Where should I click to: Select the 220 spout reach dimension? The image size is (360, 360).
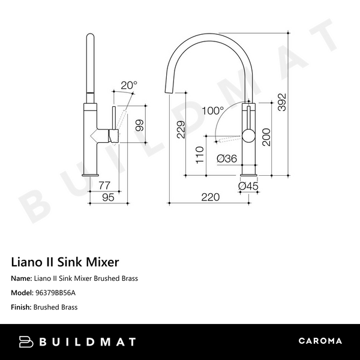coord(210,197)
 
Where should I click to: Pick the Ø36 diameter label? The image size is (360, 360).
coord(226,159)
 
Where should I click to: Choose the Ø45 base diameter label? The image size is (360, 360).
coord(248,187)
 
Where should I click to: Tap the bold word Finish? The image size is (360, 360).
coord(21,307)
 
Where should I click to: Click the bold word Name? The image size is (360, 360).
coord(21,279)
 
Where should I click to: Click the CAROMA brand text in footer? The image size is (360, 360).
coord(320,341)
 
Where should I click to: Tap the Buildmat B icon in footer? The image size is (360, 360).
coord(27,341)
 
